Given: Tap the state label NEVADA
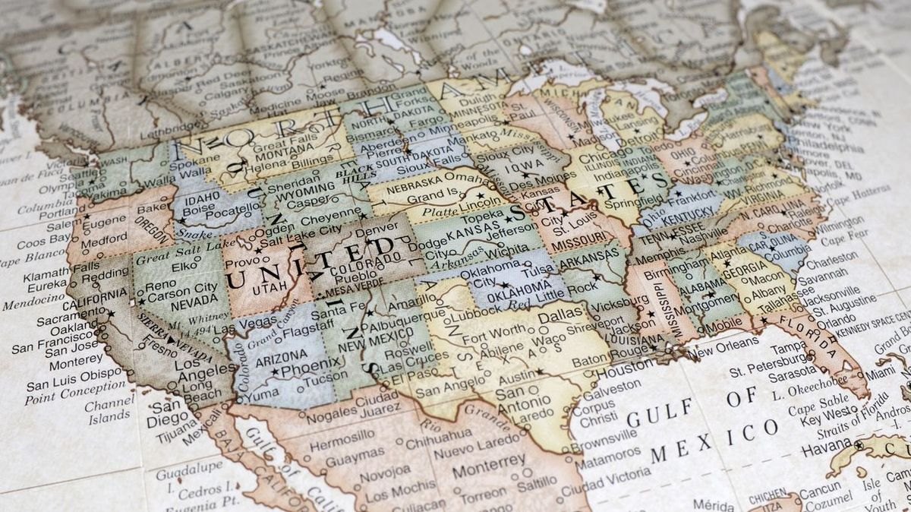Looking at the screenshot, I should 174,303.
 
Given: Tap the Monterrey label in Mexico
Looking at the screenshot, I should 488,460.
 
